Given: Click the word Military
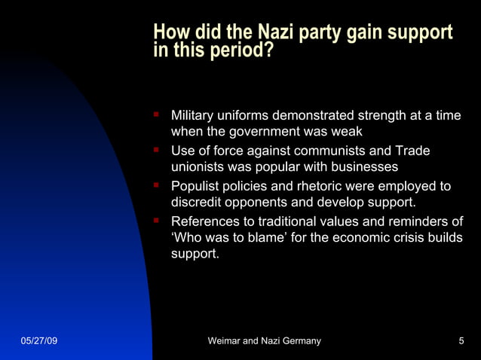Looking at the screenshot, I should click(x=194, y=116).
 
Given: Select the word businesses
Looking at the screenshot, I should click(x=364, y=167).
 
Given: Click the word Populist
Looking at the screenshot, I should click(x=195, y=186).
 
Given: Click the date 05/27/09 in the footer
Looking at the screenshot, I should click(x=38, y=341).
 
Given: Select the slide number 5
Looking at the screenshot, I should click(x=461, y=341).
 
